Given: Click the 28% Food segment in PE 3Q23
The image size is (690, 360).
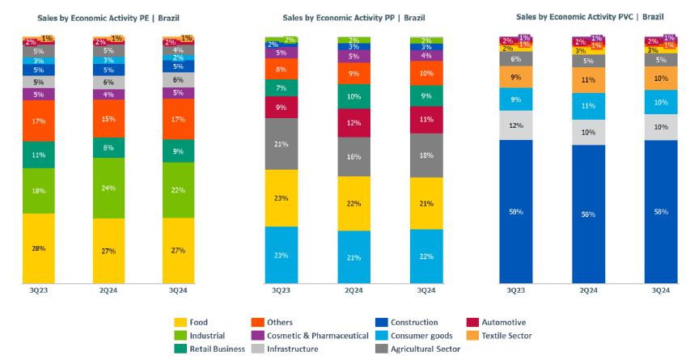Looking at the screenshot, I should coord(39,248).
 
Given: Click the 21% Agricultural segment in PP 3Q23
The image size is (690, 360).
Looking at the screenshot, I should coord(281,144).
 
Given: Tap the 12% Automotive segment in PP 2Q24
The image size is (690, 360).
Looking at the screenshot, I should coord(353,123).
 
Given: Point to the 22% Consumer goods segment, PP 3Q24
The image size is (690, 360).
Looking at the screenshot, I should coord(425,256).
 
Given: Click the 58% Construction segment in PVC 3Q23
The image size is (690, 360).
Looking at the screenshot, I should coord(515,211).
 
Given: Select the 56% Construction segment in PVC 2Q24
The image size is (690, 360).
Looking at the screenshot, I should coord(588,214).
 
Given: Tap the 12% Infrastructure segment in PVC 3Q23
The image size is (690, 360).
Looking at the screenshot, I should coord(515,126).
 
